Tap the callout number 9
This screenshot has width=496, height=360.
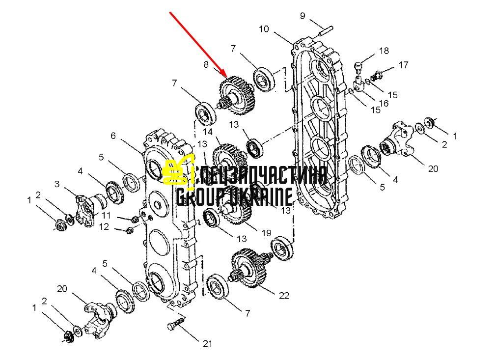[x=303, y=16]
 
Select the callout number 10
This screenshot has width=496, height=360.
[x=264, y=29]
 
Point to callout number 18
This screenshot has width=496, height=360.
[x=384, y=51]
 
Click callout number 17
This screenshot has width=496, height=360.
[x=403, y=65]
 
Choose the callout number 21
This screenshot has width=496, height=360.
[x=208, y=344]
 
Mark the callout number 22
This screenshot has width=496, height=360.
[x=284, y=296]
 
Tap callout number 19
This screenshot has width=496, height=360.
[x=267, y=233]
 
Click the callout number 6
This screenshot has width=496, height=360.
[x=113, y=136]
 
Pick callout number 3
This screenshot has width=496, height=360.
[x=57, y=184]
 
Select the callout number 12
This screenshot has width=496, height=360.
[x=104, y=227]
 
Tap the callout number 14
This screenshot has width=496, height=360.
[x=208, y=132]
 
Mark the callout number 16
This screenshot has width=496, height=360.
[x=384, y=104]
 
